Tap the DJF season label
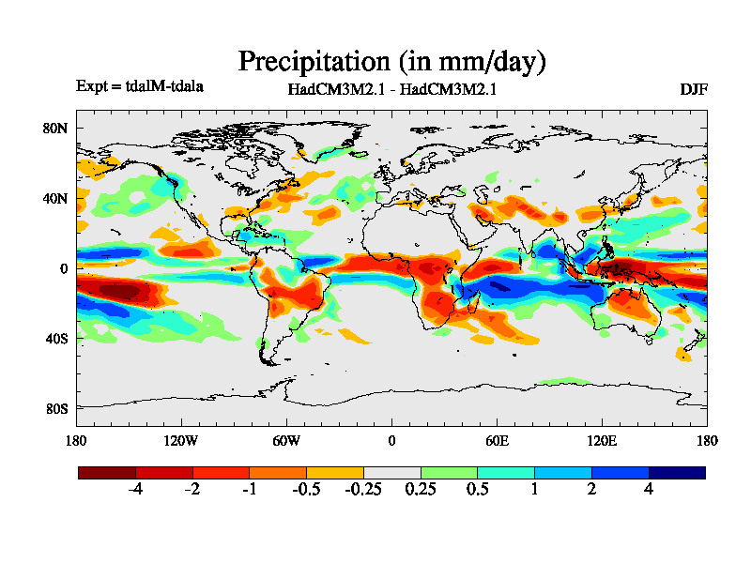(694, 90)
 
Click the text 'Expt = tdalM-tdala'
(140, 86)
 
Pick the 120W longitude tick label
(180, 441)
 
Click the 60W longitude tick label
(286, 441)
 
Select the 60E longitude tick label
(497, 441)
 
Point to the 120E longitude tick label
(602, 441)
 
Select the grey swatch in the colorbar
(391, 473)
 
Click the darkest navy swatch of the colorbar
(677, 473)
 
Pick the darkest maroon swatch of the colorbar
(107, 473)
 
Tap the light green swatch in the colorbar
(449, 473)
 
